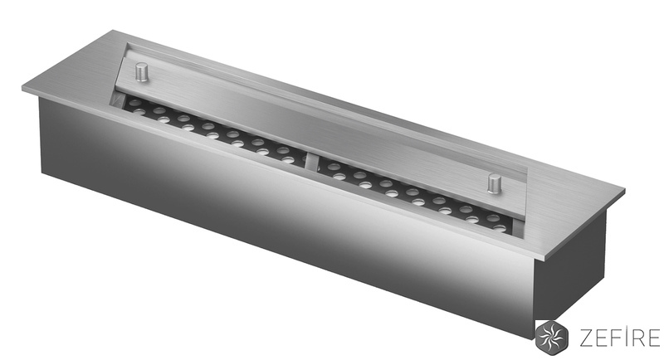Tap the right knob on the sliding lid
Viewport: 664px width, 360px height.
point(494,183)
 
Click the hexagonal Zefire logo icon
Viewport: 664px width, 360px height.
point(550,335)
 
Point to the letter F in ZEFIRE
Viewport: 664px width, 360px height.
point(611,336)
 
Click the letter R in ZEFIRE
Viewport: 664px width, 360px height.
point(634,336)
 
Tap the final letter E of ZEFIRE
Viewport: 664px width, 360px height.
point(653,336)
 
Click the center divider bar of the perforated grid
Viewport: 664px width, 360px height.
point(312,163)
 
